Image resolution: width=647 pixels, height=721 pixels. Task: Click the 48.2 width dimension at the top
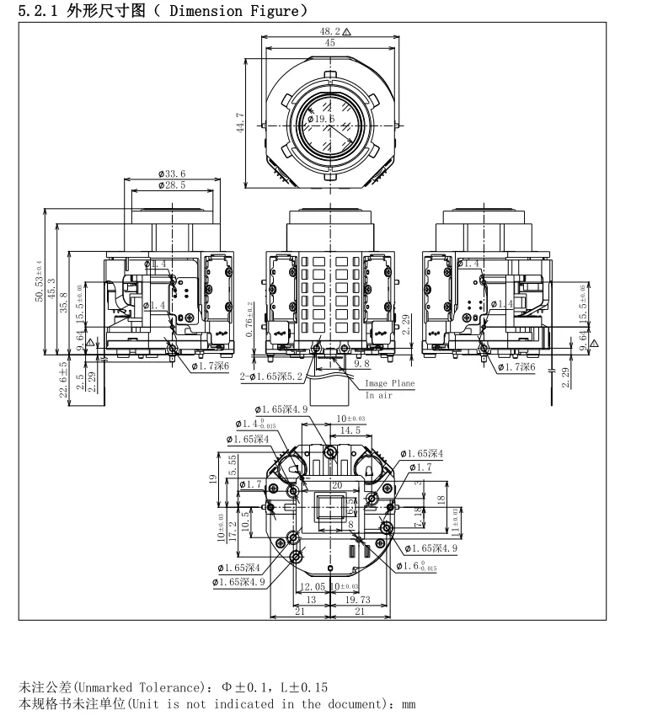(329, 31)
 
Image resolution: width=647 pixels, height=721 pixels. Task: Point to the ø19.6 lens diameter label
(322, 120)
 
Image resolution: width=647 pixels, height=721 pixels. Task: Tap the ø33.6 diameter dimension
(171, 174)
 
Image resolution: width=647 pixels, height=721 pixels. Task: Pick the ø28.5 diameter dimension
(171, 184)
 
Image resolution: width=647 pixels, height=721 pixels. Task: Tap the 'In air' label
(378, 395)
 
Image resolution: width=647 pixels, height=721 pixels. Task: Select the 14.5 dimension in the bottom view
(349, 430)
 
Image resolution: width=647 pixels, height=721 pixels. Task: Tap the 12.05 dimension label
(313, 586)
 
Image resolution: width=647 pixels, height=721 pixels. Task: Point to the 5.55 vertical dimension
(233, 462)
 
